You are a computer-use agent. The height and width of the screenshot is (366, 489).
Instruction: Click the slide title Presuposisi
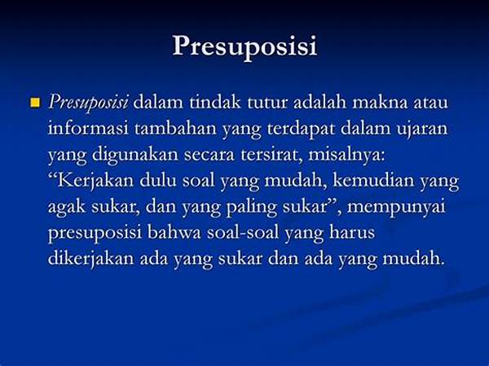coord(244,46)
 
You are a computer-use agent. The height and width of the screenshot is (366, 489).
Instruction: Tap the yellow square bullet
coord(36,103)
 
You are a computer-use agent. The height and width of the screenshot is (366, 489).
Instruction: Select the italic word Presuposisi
coord(88,104)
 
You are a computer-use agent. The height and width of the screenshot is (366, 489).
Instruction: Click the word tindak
coord(215,102)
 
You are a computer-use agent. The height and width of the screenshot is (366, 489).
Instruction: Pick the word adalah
coord(320,102)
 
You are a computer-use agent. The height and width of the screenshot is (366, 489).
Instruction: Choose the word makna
coord(380,102)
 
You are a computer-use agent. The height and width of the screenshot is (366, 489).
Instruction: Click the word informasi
coord(88,128)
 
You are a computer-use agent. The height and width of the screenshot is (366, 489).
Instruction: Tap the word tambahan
coord(175,128)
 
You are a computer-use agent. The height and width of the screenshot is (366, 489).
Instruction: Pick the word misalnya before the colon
coord(345,156)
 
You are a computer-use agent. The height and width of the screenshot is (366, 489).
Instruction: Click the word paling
coord(251,208)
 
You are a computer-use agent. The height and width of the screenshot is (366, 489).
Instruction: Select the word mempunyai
coord(396,208)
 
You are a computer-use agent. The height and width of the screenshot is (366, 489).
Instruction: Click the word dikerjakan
coord(90,259)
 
